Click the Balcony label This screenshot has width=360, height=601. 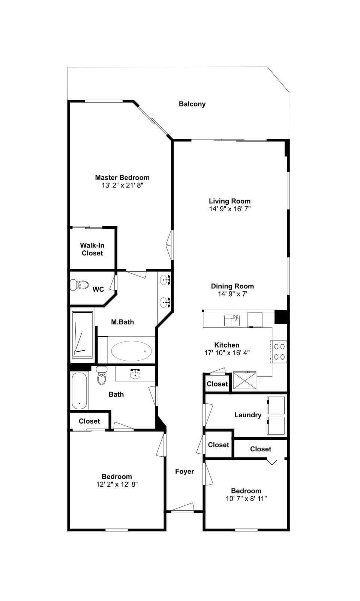click(x=192, y=104)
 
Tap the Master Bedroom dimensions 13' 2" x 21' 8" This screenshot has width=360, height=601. click(x=122, y=185)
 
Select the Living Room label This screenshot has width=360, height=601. click(x=229, y=201)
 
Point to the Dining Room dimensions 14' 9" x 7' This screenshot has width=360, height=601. click(x=232, y=294)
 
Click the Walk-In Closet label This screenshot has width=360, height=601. click(x=92, y=249)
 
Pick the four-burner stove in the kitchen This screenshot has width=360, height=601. click(x=279, y=352)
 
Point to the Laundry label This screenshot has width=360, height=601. click(x=247, y=415)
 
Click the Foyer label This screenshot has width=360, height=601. click(x=184, y=471)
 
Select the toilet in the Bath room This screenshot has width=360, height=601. click(x=102, y=376)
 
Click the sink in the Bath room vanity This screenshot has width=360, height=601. click(x=135, y=374)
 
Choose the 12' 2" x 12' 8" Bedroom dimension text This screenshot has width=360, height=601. click(x=117, y=484)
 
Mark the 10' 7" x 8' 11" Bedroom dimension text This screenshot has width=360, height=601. click(x=246, y=499)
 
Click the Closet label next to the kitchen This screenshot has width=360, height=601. click(x=217, y=384)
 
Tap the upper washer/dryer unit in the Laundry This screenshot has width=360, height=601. click(x=276, y=405)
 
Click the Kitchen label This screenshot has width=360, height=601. click(x=226, y=345)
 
